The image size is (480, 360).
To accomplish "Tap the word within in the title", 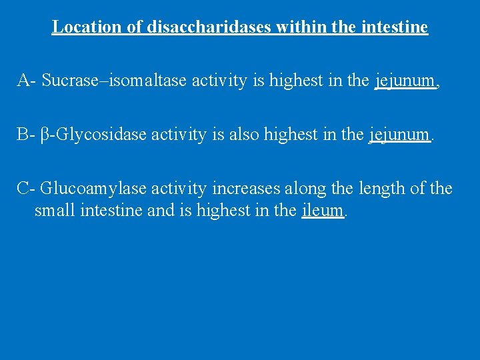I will point(294,27).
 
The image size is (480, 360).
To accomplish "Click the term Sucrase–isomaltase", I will point(115,81).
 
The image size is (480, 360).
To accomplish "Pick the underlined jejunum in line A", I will point(405,81).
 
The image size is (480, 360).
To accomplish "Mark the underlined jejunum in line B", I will point(399,135).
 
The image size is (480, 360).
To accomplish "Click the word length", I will point(379,189).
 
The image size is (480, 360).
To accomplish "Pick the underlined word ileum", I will point(323,211).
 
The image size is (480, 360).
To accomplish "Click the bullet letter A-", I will point(27,81).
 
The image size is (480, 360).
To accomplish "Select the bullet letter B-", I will point(26,135).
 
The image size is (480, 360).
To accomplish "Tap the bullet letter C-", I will point(26,189).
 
